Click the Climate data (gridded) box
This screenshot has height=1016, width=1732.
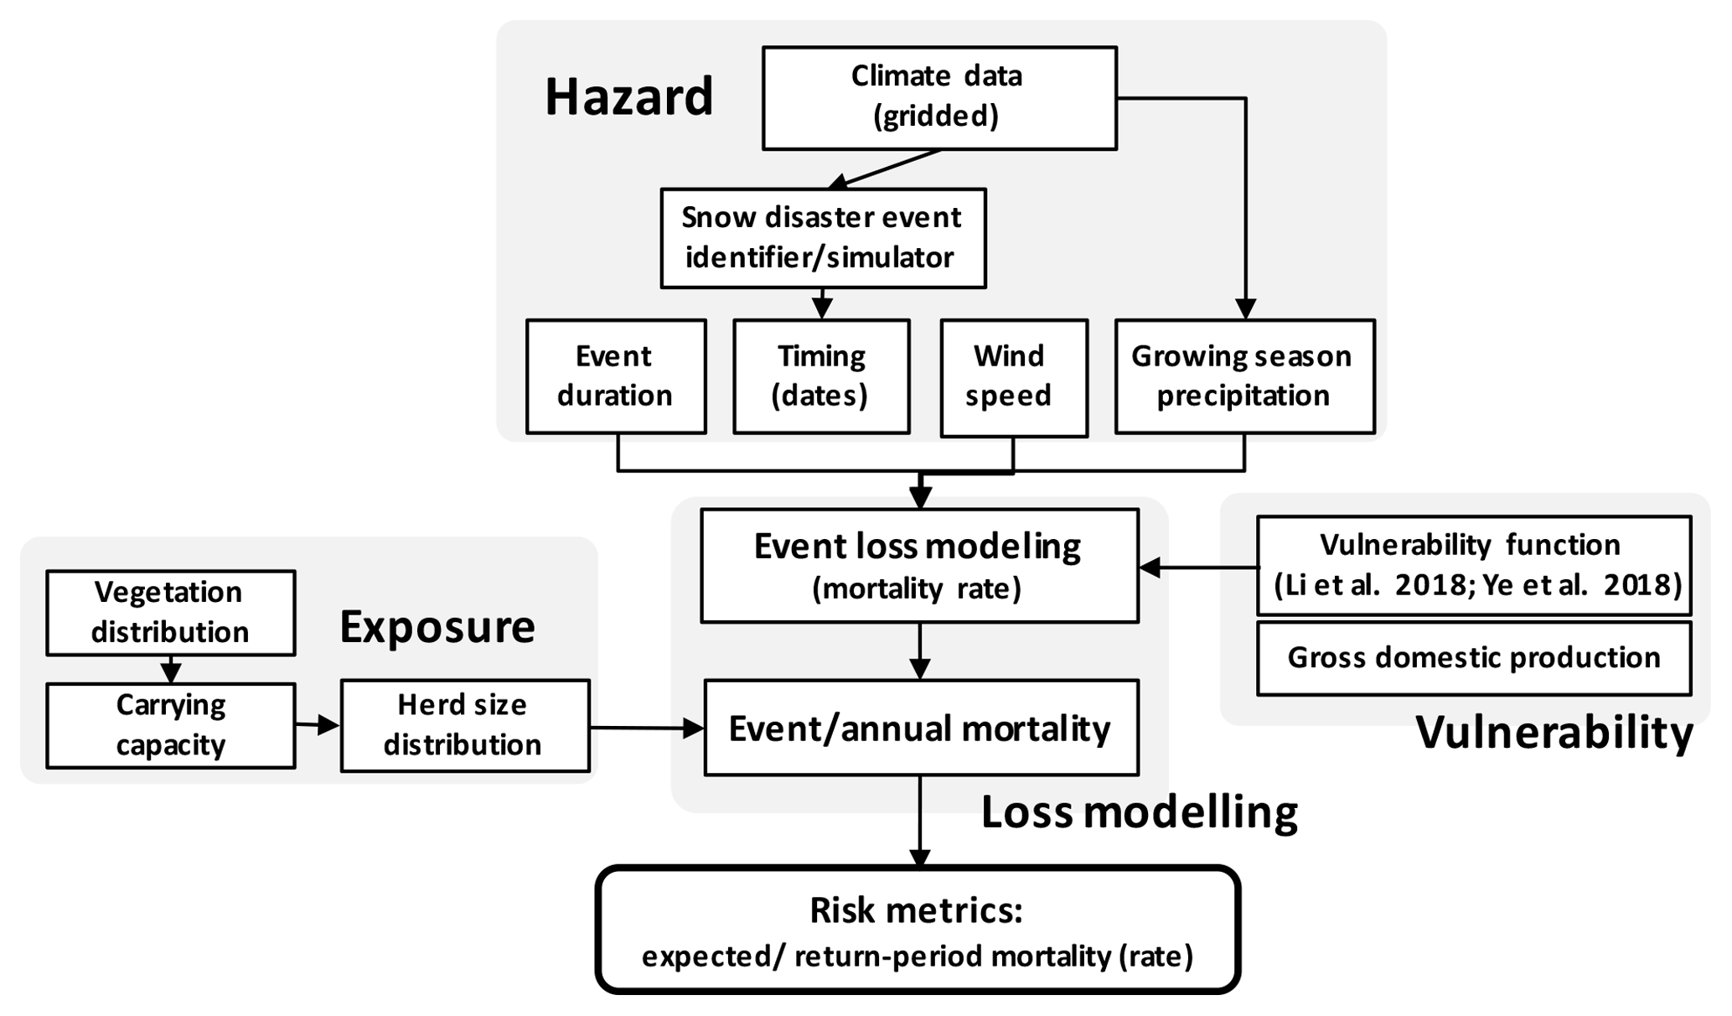tap(938, 98)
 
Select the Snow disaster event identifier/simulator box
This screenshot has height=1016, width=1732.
tap(822, 238)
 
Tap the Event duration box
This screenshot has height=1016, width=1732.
tap(616, 376)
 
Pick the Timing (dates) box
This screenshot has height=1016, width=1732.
tap(821, 376)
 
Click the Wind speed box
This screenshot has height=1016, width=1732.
tap(1013, 377)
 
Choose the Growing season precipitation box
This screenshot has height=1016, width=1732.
tap(1244, 376)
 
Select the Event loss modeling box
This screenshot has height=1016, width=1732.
tap(919, 565)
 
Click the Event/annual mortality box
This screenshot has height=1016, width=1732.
tap(921, 727)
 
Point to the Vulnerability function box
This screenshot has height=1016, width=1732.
tap(1473, 565)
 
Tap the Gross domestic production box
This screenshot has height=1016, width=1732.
tap(1473, 658)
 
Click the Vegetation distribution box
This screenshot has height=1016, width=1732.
tap(171, 613)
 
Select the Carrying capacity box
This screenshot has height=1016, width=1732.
tap(171, 725)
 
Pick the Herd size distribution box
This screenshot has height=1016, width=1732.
tap(464, 725)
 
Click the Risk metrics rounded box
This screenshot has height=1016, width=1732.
tap(918, 930)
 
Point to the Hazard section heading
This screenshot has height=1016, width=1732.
tap(628, 96)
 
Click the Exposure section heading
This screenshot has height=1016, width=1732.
tap(437, 627)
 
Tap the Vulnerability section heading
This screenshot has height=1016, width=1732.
tap(1554, 733)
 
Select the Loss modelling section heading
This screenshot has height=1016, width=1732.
tap(1139, 812)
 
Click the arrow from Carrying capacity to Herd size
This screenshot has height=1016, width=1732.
tap(318, 725)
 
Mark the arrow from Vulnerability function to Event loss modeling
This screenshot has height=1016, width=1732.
tap(1198, 568)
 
